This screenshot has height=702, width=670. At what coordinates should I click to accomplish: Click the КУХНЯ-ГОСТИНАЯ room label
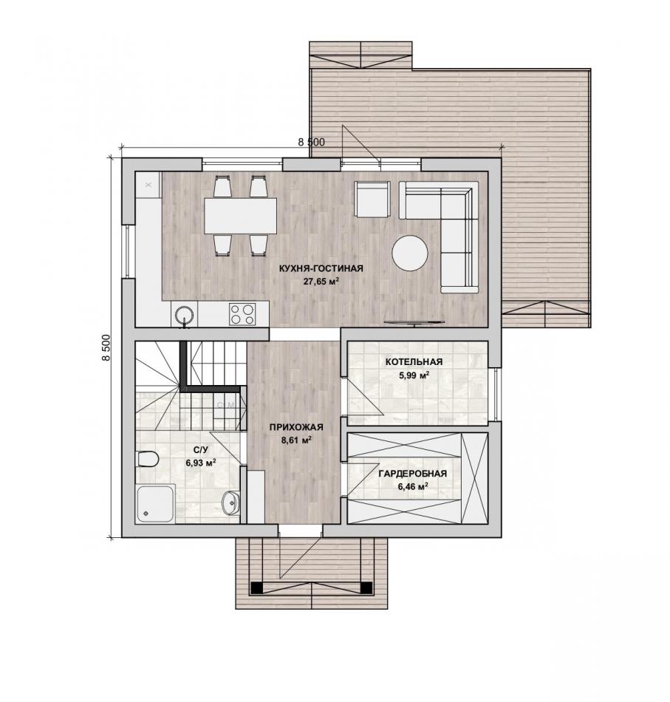321,269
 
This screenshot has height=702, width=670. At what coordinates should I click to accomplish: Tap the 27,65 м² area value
321,282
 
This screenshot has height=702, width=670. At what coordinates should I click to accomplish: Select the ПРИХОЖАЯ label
295,428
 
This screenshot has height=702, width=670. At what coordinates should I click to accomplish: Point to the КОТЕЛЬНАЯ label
414,362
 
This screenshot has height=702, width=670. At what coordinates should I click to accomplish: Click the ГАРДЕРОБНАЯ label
412,474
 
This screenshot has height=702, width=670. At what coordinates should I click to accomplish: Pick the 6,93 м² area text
201,463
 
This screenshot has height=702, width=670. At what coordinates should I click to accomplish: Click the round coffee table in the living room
410,253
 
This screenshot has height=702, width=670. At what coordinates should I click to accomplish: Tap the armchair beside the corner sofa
372,200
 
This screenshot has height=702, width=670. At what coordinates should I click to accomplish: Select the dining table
240,216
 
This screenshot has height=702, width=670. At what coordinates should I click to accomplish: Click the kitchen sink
184,315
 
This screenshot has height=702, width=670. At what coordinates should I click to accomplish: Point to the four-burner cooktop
242,314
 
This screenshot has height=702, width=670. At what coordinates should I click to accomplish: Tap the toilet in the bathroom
147,459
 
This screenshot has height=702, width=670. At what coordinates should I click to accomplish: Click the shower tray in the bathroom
155,503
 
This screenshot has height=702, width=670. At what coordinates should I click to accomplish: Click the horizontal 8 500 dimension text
311,143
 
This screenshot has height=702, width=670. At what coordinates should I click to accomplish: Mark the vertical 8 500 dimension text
106,347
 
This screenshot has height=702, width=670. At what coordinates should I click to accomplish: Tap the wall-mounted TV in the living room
415,322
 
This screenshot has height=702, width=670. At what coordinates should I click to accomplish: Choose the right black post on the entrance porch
367,587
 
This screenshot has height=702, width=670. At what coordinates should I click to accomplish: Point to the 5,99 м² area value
414,375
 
